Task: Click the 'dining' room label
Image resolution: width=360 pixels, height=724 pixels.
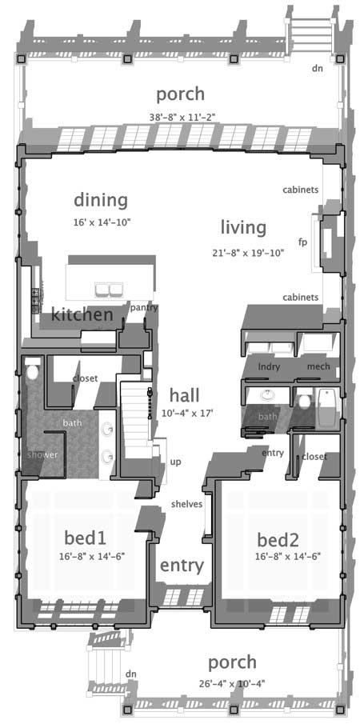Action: coord(101,199)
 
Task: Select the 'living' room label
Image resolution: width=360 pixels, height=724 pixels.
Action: coord(243,227)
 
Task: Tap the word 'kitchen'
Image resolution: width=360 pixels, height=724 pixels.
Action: coord(82,315)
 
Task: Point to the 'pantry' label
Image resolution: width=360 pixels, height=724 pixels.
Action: coord(143,307)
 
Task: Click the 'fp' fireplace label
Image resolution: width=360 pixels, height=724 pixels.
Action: coord(302,241)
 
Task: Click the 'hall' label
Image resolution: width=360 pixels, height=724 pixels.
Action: coord(184,394)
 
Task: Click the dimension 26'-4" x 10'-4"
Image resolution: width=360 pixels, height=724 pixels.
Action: coord(232,683)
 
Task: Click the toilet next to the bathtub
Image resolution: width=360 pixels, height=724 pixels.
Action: coord(304,400)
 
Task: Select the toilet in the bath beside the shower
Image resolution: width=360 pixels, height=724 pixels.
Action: coord(33,372)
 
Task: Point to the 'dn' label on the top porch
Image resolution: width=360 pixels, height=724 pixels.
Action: coord(318,68)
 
